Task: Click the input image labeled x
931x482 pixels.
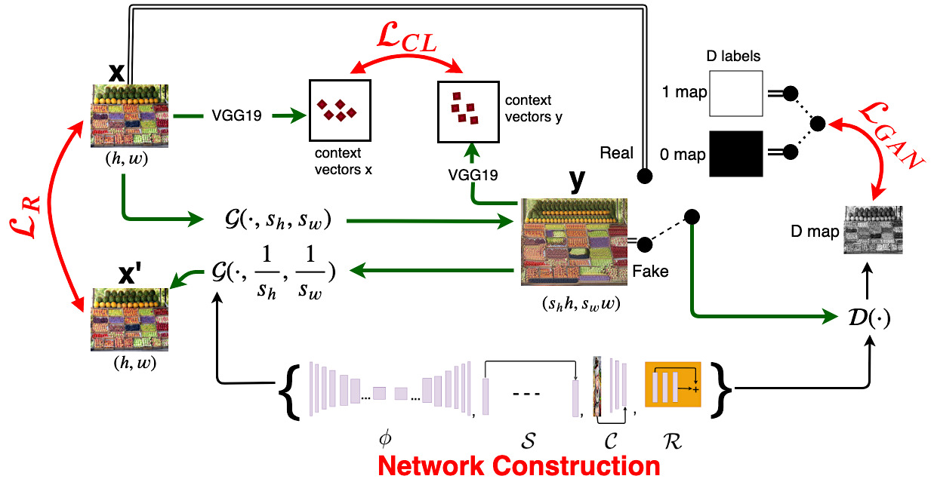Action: point(129,116)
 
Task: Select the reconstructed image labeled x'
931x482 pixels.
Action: point(129,320)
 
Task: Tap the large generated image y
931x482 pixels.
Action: point(574,242)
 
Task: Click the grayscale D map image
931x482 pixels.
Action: point(873,229)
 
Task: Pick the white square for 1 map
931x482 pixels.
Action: point(735,94)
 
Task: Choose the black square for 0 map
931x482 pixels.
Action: point(735,154)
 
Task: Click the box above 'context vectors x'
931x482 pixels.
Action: point(340,110)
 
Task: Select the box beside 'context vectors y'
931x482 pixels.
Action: point(468,112)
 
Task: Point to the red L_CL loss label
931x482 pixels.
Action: point(407,38)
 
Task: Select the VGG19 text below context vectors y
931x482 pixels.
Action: point(473,175)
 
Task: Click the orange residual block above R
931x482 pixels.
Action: point(673,384)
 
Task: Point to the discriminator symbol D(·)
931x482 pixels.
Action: point(869,318)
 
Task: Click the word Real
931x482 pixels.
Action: point(616,153)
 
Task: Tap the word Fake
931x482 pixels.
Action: point(650,271)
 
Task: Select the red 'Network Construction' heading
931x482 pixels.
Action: point(519,466)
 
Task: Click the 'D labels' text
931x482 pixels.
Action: point(733,56)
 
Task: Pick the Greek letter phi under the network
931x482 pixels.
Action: point(385,439)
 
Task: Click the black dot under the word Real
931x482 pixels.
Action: point(645,176)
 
